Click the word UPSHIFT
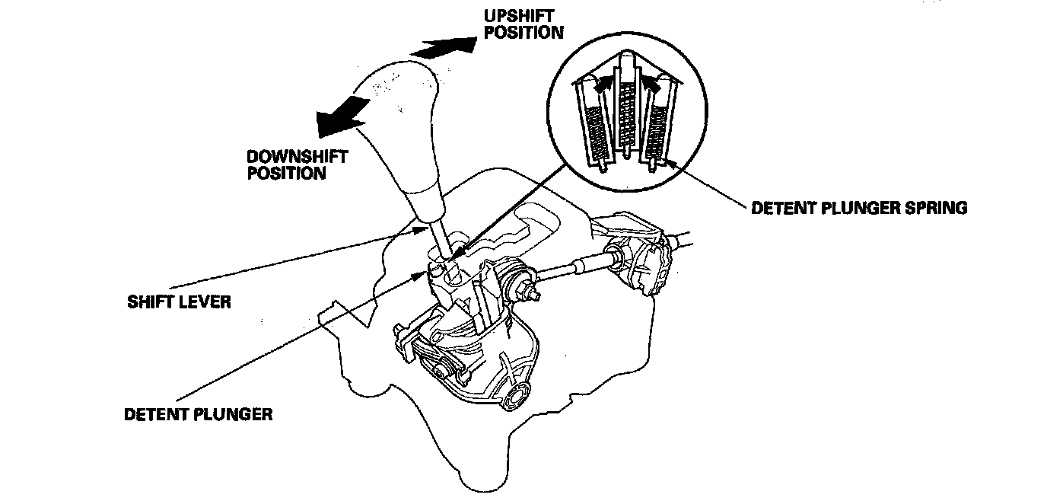coord(517,16)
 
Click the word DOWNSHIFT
coord(298,157)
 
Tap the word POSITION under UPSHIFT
coord(524,32)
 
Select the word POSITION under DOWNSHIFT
coord(285,173)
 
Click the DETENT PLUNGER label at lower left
coord(198,415)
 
